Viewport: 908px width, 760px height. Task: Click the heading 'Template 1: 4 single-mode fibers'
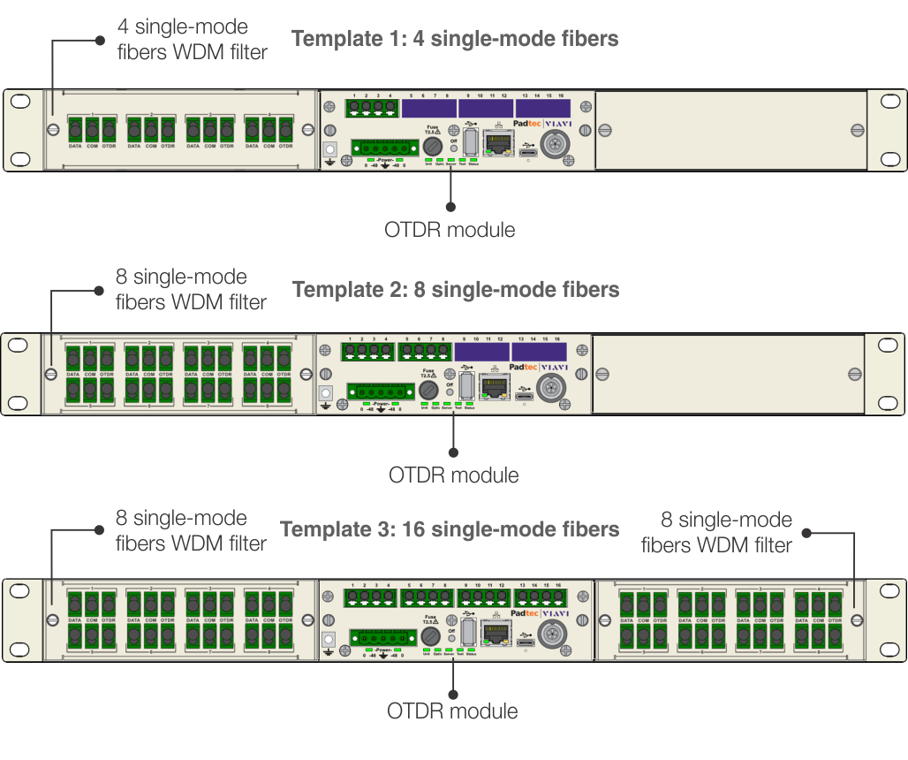tap(454, 39)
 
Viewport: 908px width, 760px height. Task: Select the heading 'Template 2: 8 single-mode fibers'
tap(455, 290)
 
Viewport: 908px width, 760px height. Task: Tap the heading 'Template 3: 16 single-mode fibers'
tap(449, 529)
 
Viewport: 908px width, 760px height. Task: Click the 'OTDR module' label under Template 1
tap(450, 230)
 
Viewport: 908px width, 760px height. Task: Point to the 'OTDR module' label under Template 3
tap(452, 711)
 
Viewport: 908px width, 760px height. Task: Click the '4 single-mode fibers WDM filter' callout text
tap(192, 40)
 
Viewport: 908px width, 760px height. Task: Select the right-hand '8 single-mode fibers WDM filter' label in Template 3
tap(716, 532)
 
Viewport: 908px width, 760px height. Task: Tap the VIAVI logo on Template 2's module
tap(554, 368)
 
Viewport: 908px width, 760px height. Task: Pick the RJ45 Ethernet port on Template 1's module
tap(500, 142)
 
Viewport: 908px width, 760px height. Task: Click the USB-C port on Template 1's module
tap(528, 152)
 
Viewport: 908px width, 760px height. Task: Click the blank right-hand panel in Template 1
tap(730, 130)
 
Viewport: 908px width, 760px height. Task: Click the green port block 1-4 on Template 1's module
tap(372, 108)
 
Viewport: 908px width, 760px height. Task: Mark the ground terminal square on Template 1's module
tap(331, 151)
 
